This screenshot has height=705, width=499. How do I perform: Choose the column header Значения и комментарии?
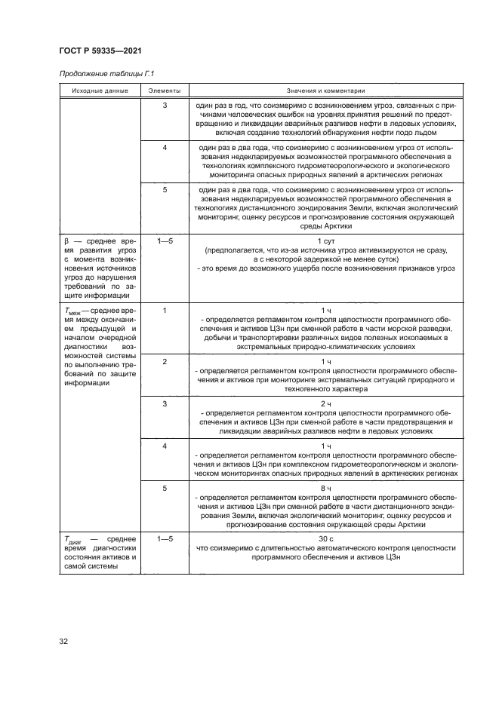point(325,90)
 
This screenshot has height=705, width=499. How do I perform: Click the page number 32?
point(64,642)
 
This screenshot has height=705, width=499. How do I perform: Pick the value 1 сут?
point(325,240)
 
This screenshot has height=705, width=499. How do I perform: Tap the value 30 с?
point(325,538)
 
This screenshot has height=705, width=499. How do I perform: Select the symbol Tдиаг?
point(70,539)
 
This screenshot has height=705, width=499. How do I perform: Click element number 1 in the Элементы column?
point(165,309)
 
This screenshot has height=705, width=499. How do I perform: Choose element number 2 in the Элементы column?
point(165,361)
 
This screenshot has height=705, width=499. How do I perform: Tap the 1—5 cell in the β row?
point(165,240)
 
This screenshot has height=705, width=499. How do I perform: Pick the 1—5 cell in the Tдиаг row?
point(165,538)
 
